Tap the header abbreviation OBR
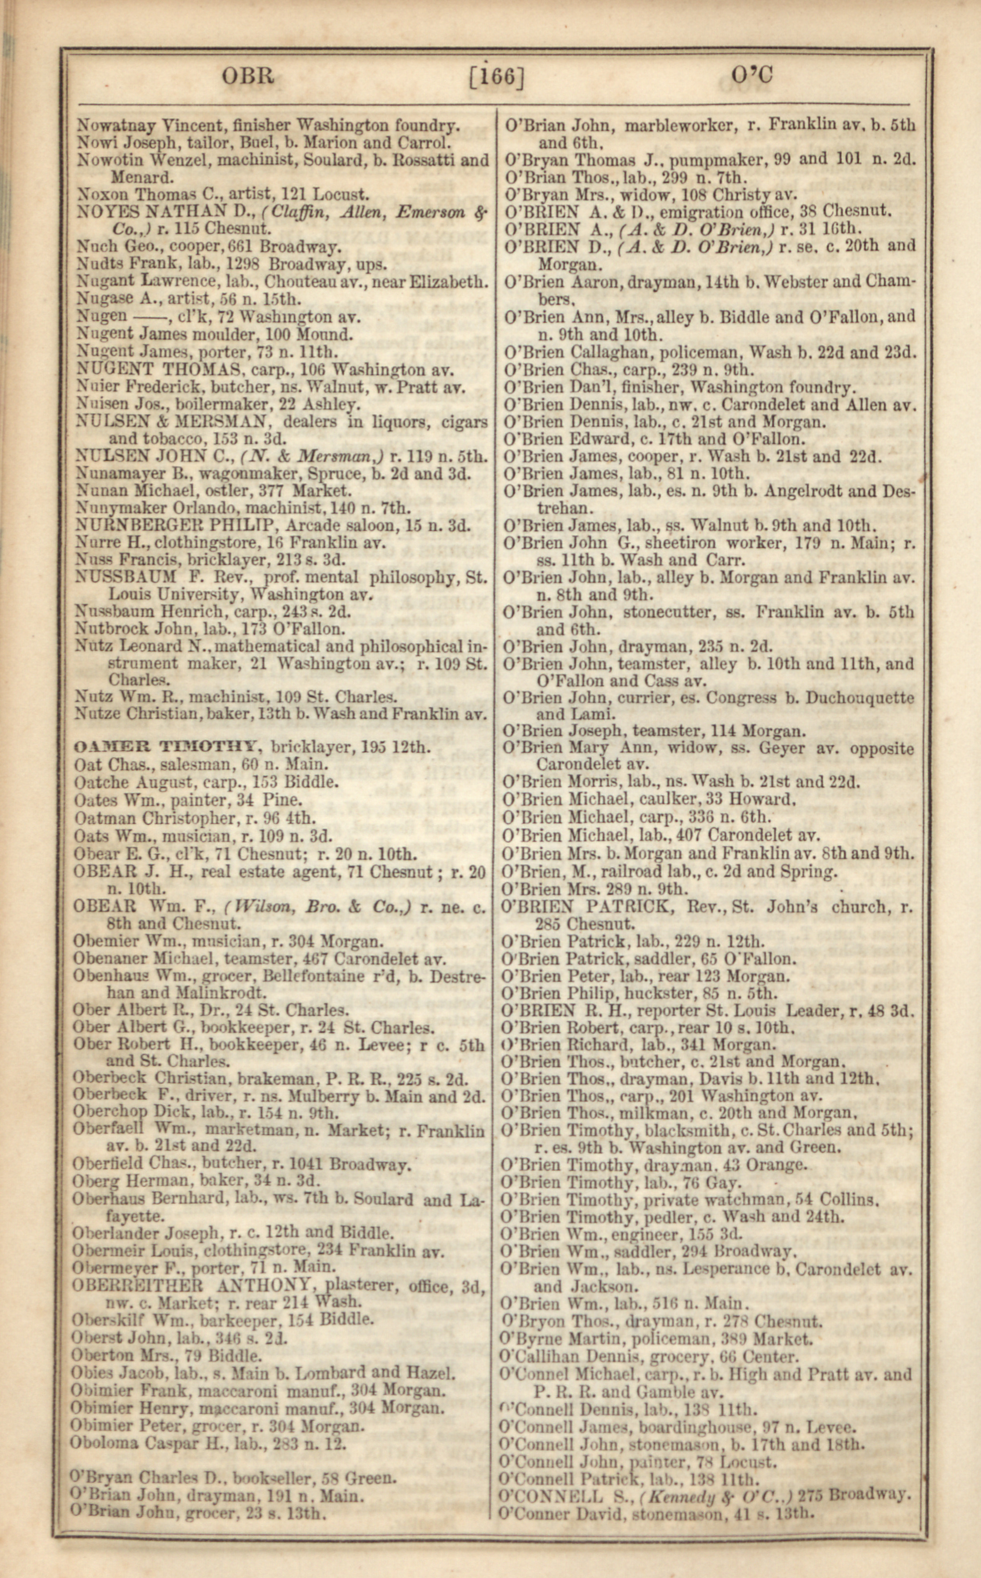click(x=248, y=77)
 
